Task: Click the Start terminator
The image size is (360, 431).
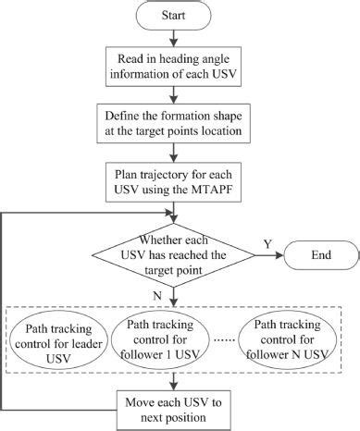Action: click(179, 17)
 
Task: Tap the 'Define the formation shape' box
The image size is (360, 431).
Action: click(179, 122)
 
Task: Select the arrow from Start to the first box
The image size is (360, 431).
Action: click(179, 39)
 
